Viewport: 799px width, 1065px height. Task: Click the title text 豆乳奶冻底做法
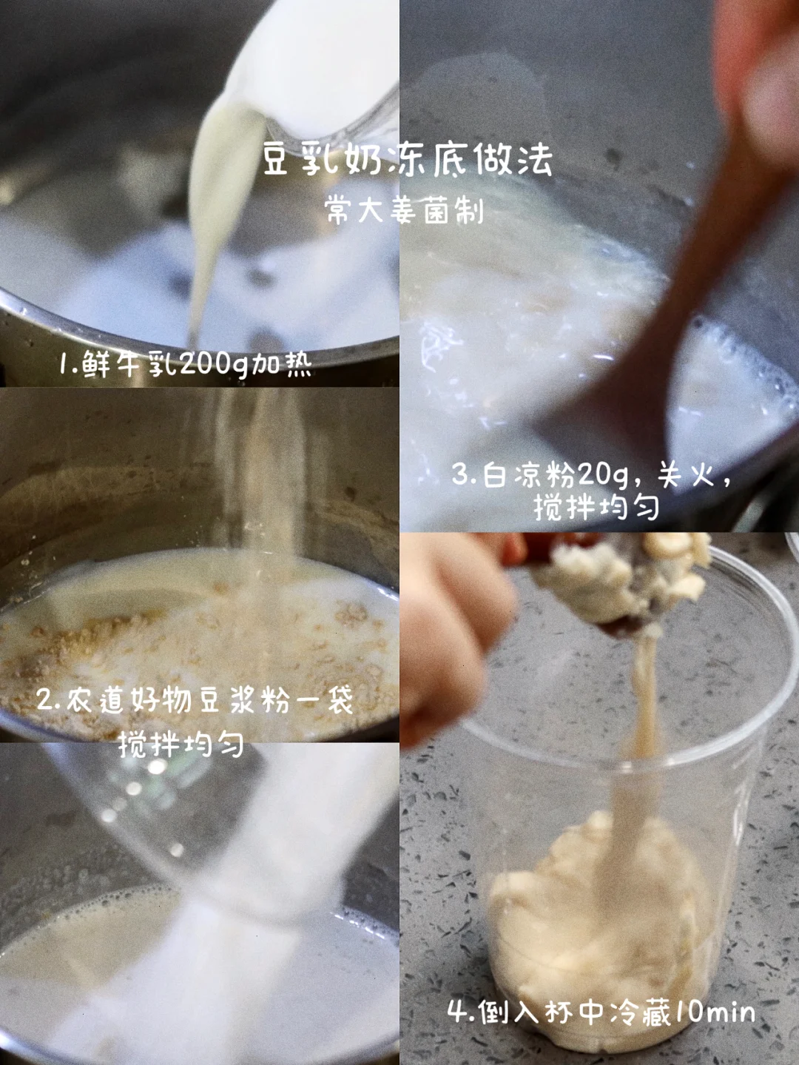click(408, 158)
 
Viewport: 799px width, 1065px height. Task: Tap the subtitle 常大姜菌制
click(405, 211)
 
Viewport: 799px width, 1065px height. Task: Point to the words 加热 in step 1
click(280, 363)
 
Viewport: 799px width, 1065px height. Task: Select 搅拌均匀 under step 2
click(181, 743)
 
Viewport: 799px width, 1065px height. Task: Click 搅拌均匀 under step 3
click(596, 507)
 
